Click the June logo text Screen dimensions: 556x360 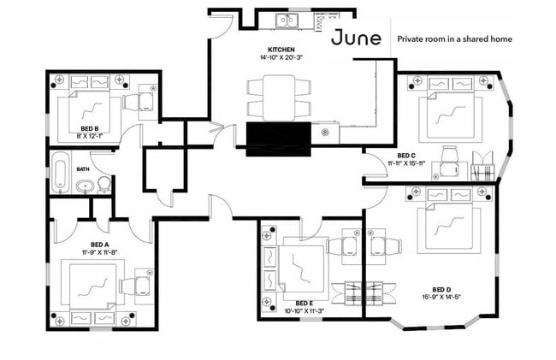point(356,38)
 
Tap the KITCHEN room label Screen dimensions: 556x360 point(281,50)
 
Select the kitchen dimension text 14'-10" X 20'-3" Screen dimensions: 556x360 point(281,57)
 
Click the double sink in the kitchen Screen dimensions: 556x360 point(287,21)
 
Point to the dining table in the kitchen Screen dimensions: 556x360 point(279,97)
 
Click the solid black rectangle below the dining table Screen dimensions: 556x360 point(278,139)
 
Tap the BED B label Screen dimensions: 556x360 point(90,128)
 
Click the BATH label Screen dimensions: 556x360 point(83,169)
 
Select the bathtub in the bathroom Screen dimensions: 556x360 point(61,174)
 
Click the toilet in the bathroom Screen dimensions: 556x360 point(104,185)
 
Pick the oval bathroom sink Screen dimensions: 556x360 point(86,186)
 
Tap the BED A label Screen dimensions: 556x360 point(99,245)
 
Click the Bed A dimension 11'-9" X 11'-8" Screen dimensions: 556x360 point(99,252)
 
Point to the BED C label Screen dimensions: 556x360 point(406,156)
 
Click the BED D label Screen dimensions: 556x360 point(441,290)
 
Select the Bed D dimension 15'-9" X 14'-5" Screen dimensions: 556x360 point(441,298)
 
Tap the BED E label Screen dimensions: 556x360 point(305,304)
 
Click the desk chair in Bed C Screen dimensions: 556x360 point(449,162)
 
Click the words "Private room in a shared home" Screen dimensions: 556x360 point(454,39)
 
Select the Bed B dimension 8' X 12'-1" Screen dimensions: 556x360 point(90,136)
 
